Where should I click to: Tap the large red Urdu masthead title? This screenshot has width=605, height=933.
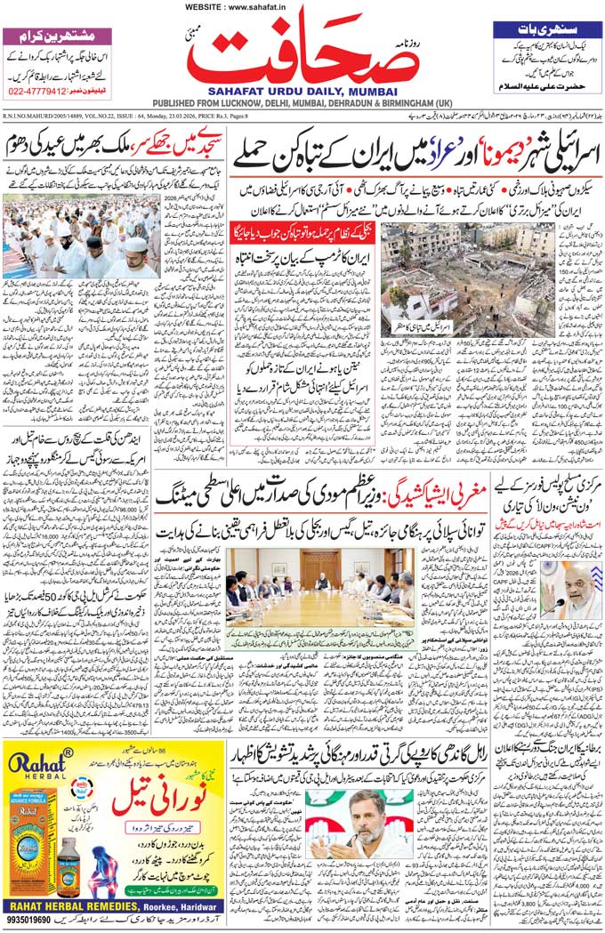pos(302,49)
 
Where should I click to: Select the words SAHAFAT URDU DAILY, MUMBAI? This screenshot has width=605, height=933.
pos(302,90)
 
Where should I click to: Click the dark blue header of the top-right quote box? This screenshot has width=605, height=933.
pos(544,29)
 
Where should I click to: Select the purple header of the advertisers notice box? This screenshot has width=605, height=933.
pos(58,37)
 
